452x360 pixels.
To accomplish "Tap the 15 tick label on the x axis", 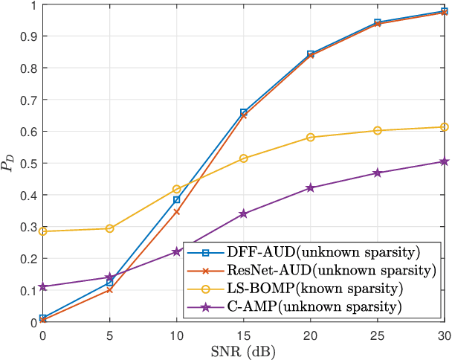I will (243, 335).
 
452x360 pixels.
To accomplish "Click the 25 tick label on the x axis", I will (377, 335).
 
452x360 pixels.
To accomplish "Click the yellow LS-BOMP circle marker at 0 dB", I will (42, 231).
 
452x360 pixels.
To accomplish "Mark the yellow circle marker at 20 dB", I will (310, 138).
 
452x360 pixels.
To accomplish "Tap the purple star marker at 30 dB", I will (444, 161).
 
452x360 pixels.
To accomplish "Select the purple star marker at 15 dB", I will (243, 213).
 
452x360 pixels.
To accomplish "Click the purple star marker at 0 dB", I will (42, 286).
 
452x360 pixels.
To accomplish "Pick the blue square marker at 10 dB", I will (176, 199).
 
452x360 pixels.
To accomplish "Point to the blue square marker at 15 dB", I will (243, 112).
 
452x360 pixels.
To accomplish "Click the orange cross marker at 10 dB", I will (176, 212).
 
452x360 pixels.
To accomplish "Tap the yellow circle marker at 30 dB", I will (444, 127).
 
